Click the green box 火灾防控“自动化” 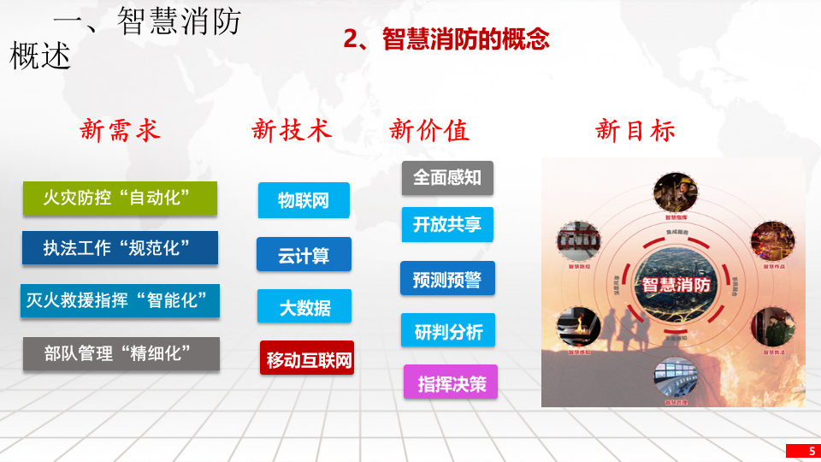coord(119,198)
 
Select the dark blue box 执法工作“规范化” coord(120,248)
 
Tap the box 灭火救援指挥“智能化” coord(120,300)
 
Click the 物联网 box coord(304,201)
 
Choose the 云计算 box coord(304,254)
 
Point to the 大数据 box coord(304,306)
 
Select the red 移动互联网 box coord(307,359)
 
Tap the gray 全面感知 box coord(447,177)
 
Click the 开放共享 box coord(447,224)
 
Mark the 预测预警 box coord(447,279)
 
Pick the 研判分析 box coord(448,331)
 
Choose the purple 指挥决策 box coord(451,384)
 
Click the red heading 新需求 coord(121,130)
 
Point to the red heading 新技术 coord(292,130)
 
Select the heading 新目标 coord(635,130)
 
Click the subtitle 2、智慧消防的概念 coord(446,39)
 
